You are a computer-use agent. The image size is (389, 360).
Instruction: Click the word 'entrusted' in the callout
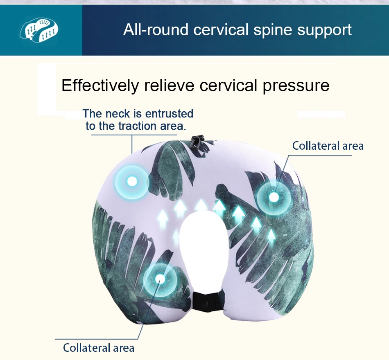click(x=169, y=113)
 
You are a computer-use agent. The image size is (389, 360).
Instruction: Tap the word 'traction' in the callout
click(x=137, y=126)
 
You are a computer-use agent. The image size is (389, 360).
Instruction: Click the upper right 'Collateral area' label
click(x=328, y=146)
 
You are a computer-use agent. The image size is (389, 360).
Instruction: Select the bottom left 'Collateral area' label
click(x=98, y=348)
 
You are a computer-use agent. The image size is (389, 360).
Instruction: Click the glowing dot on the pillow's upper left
click(x=132, y=181)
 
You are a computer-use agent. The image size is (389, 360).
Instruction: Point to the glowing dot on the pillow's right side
click(x=274, y=197)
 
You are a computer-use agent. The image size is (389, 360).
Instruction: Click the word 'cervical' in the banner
click(x=221, y=30)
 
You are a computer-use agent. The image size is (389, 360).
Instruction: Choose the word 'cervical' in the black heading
click(x=228, y=85)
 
